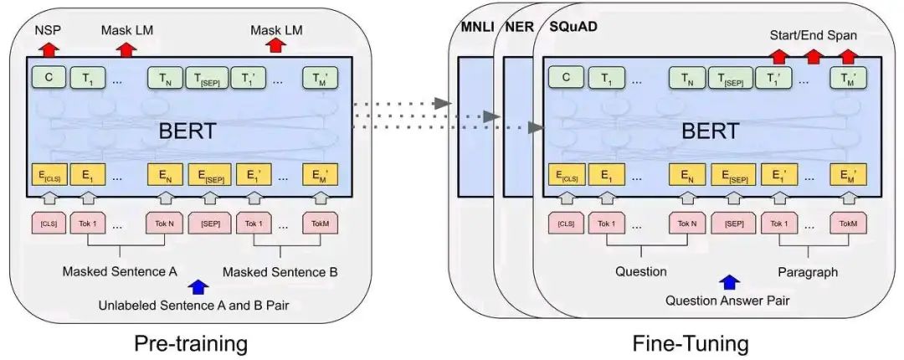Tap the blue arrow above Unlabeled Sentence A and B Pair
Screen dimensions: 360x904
198,287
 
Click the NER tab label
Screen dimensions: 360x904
518,27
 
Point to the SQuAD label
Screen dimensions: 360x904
573,27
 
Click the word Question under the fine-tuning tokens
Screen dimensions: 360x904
640,272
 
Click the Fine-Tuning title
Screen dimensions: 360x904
690,343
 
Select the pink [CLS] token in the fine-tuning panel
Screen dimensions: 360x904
567,224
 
